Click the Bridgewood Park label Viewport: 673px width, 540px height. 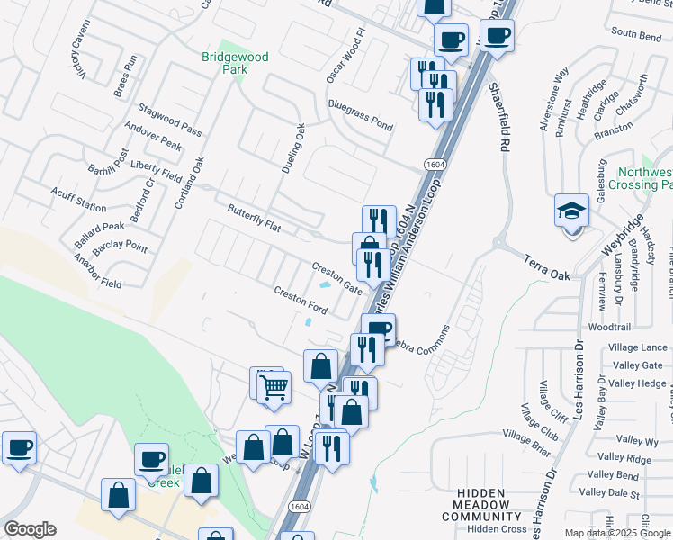click(235, 63)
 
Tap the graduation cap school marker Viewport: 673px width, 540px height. click(571, 212)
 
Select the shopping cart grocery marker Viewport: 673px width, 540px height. click(274, 388)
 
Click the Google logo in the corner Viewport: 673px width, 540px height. click(30, 529)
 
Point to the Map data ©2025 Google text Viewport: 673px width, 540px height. click(617, 533)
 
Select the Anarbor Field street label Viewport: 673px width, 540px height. click(98, 277)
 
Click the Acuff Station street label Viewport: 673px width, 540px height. click(78, 199)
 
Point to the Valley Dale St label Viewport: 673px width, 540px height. click(609, 492)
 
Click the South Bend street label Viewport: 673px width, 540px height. click(636, 32)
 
